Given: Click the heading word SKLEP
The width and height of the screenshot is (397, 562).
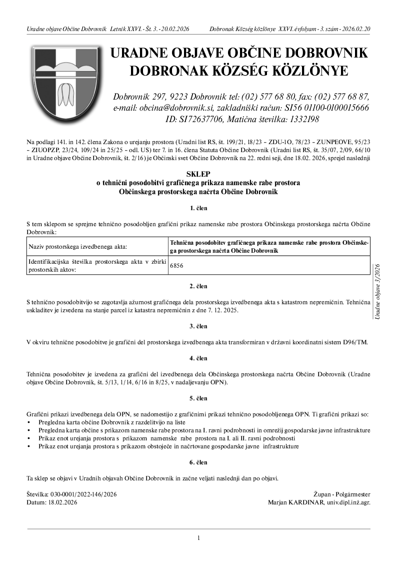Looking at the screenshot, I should [x=198, y=174].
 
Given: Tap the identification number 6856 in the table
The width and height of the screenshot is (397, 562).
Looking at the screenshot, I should [x=176, y=266].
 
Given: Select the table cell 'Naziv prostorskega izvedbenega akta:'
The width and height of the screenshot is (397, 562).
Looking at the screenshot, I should [x=78, y=247].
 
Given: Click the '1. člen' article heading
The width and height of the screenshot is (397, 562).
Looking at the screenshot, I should [x=198, y=208].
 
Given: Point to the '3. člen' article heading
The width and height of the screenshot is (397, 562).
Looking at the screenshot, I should [x=198, y=326].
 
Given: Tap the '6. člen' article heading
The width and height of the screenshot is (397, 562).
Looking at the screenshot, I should [x=198, y=462].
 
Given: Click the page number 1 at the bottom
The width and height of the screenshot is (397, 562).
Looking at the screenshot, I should [x=198, y=538].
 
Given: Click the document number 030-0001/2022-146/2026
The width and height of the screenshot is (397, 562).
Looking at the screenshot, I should [x=83, y=494].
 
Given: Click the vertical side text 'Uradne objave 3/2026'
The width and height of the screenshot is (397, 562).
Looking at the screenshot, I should [x=377, y=291].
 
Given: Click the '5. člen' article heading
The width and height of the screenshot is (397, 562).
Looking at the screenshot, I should [x=198, y=398].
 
